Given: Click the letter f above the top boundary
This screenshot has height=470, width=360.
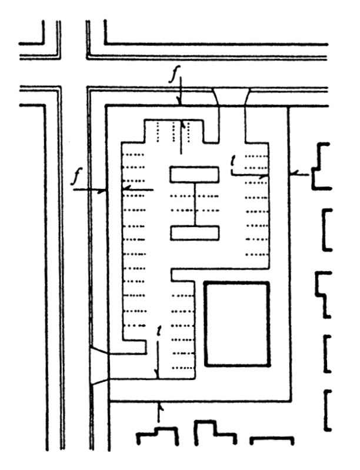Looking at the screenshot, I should pos(182,76).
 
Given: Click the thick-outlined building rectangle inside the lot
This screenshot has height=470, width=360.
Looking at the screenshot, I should pos(236,324).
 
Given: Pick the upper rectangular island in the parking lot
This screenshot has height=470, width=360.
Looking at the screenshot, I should pos(194,175).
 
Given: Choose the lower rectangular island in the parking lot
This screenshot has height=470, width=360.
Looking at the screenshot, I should pos(194,233).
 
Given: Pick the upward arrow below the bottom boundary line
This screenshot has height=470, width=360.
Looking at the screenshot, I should pos(159,412).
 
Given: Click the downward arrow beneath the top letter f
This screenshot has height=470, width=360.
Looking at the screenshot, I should pos(182,95).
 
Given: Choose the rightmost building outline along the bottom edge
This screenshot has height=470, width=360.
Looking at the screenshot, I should pos(272,439).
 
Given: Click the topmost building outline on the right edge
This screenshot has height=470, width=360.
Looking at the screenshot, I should pos(323,165).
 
